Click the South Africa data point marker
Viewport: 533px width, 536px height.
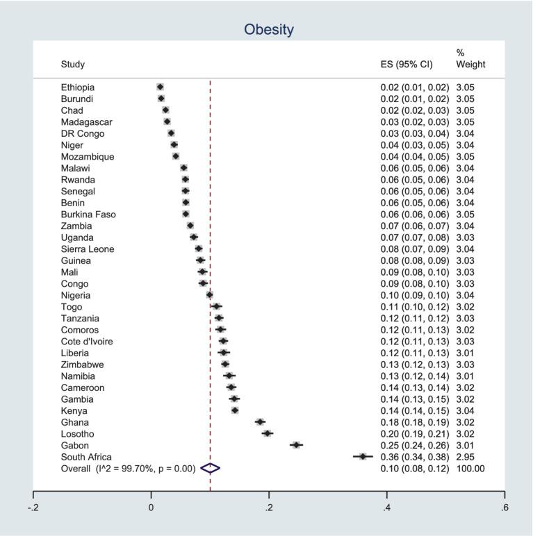click(362, 456)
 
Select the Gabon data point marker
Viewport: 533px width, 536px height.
click(297, 445)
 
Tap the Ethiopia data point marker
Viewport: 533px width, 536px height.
click(161, 87)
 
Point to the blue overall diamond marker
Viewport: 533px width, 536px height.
click(210, 469)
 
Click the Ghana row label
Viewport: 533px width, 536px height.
click(75, 422)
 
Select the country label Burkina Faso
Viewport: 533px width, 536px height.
click(88, 215)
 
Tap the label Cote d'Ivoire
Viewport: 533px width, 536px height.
click(87, 342)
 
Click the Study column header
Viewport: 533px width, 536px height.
click(73, 65)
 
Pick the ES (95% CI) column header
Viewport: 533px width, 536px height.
click(407, 65)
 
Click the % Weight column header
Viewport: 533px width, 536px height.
click(470, 59)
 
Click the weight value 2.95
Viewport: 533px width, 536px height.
click(465, 457)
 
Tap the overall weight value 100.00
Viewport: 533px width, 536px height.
click(470, 469)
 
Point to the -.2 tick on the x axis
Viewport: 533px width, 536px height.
click(33, 508)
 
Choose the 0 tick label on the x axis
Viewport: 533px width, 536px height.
click(151, 508)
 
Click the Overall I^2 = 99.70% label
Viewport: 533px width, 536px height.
click(128, 469)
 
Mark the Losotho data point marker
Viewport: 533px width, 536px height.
click(267, 433)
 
